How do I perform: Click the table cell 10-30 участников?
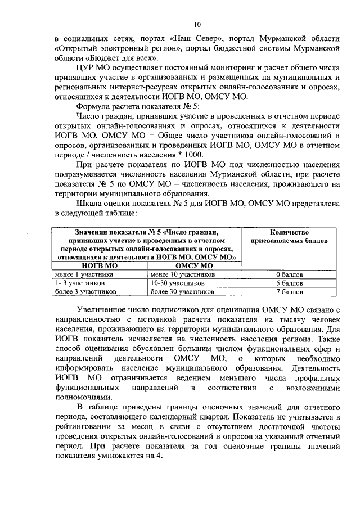[x=178, y=283]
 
